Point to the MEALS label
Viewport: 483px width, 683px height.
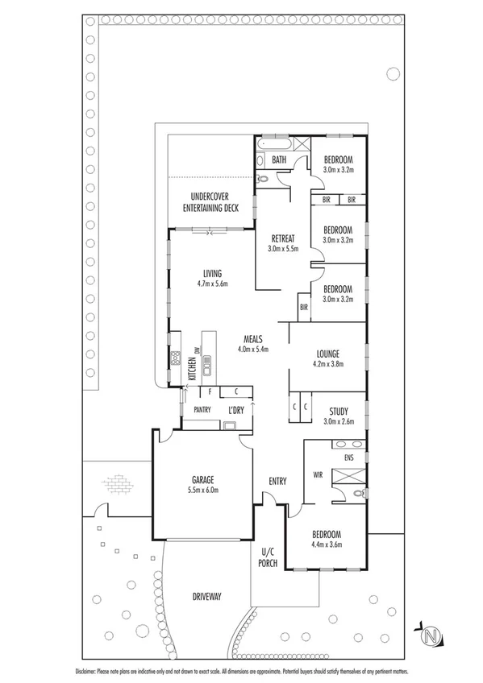(252, 340)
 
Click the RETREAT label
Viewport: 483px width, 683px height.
(283, 238)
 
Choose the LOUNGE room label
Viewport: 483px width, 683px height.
(327, 353)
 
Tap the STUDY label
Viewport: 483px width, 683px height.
(339, 410)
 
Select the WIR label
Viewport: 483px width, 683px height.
(319, 474)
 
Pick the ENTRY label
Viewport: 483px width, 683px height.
(277, 481)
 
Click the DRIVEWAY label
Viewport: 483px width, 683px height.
(206, 596)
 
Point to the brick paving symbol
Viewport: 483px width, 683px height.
(115, 486)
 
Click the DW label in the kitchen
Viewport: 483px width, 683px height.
(197, 350)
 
